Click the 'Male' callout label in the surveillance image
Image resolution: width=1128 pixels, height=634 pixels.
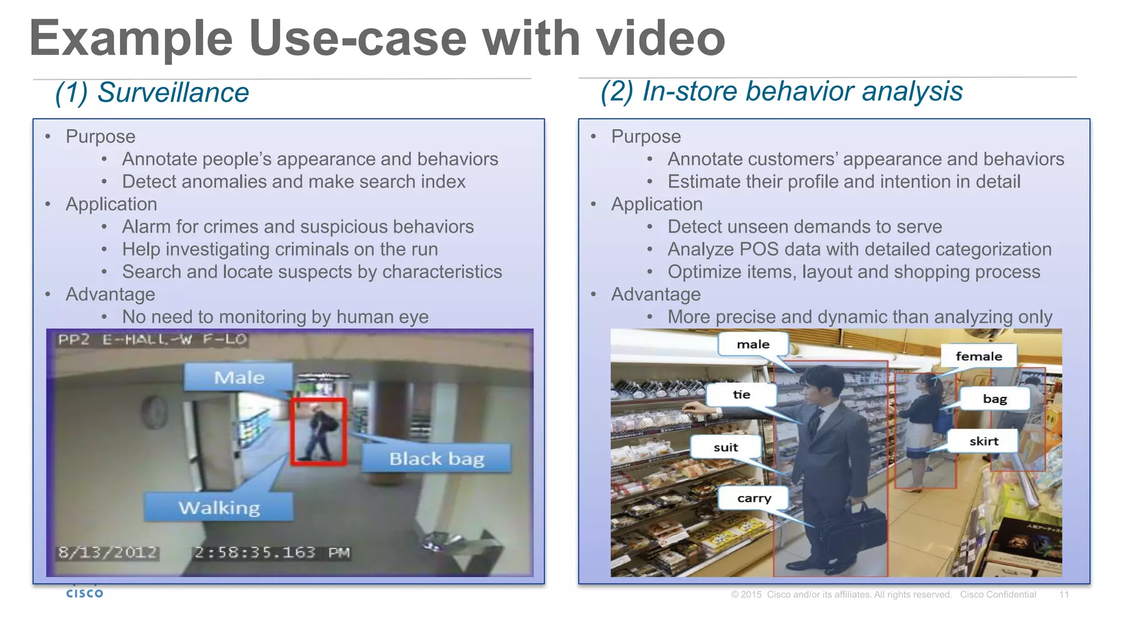pyautogui.click(x=238, y=378)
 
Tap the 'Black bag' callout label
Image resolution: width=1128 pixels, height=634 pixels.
pyautogui.click(x=436, y=458)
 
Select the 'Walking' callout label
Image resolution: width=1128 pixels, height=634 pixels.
pyautogui.click(x=219, y=507)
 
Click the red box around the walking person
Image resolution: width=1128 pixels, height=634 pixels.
pyautogui.click(x=318, y=432)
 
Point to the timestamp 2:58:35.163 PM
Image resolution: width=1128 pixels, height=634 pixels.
pyautogui.click(x=272, y=552)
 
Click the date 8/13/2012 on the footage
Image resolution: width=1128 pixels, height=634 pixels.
pyautogui.click(x=108, y=552)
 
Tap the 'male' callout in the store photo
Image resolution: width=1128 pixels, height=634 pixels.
pyautogui.click(x=753, y=345)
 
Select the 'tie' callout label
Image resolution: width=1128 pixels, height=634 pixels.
pyautogui.click(x=741, y=395)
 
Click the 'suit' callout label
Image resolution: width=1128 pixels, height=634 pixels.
pyautogui.click(x=725, y=447)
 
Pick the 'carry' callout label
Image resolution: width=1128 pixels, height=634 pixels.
pyautogui.click(x=754, y=498)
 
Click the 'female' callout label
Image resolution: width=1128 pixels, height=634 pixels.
pyautogui.click(x=979, y=356)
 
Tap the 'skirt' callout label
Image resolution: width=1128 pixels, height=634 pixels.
pyautogui.click(x=984, y=441)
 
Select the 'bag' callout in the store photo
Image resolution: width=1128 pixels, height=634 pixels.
pyautogui.click(x=995, y=398)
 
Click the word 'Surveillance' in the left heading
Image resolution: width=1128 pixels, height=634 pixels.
pyautogui.click(x=173, y=92)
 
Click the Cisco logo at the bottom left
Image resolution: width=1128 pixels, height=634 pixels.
pyautogui.click(x=84, y=593)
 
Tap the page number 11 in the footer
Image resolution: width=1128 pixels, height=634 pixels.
pyautogui.click(x=1064, y=594)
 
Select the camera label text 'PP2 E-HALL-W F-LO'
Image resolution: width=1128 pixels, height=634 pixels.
pyautogui.click(x=152, y=339)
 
